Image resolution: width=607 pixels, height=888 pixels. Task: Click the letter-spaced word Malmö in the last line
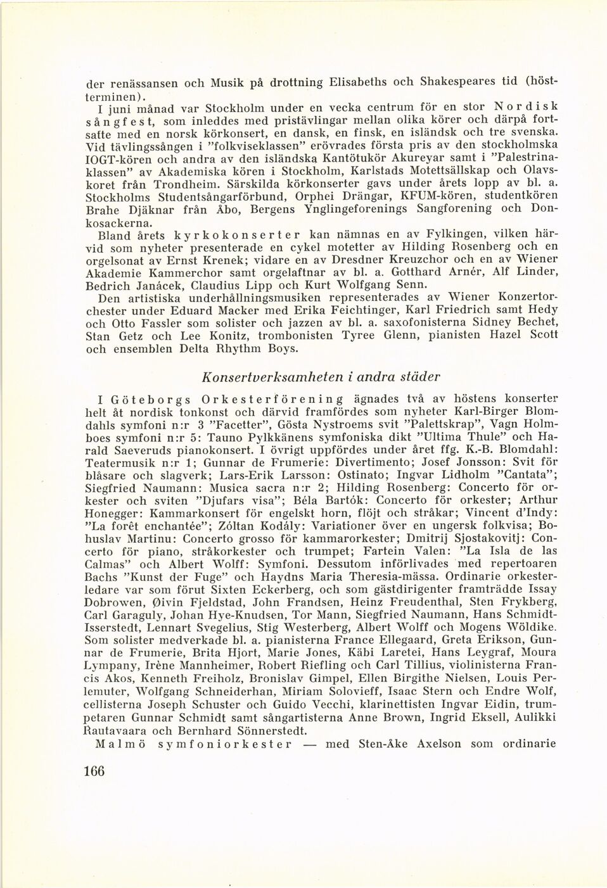coord(121,743)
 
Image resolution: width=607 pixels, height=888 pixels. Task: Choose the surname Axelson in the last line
coord(440,743)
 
